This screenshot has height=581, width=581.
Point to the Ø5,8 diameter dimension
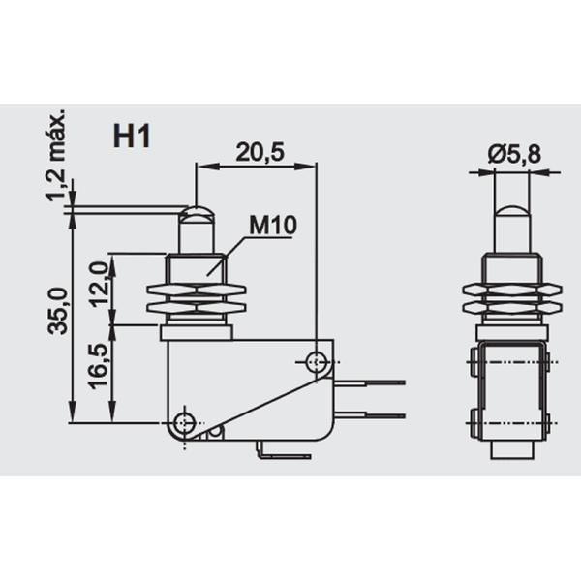(x=514, y=152)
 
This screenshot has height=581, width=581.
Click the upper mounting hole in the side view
(x=316, y=362)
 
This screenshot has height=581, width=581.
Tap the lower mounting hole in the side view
(x=184, y=421)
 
